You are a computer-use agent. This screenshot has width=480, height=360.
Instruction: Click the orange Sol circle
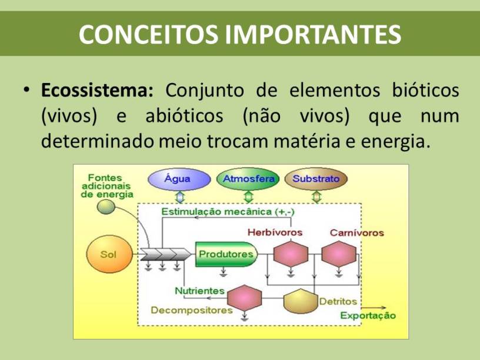(x=109, y=254)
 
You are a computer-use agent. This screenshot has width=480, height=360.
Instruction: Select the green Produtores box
(x=226, y=254)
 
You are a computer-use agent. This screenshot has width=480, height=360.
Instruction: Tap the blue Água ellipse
(x=179, y=179)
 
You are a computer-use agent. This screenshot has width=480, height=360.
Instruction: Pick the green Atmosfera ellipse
(x=248, y=179)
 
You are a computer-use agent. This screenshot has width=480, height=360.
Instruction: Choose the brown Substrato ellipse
(x=316, y=179)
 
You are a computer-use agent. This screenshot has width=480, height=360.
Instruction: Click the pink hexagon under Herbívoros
(x=291, y=254)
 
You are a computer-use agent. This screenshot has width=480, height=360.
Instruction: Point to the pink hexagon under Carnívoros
(x=339, y=254)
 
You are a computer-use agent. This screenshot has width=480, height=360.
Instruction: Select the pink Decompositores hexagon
(x=245, y=298)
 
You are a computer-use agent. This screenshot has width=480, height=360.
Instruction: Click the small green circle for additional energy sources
(x=106, y=207)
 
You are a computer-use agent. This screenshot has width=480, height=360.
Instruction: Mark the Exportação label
(x=368, y=315)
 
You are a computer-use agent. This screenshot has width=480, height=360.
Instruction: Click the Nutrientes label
(x=199, y=291)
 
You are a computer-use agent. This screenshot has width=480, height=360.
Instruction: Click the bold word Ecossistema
(x=97, y=91)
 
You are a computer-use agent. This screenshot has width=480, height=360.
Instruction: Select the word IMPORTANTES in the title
(x=313, y=34)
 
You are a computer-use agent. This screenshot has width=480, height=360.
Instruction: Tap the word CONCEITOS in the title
(x=148, y=34)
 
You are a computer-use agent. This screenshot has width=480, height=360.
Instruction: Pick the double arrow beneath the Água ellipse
(x=179, y=197)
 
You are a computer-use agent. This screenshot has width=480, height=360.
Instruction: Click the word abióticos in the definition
(x=184, y=116)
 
